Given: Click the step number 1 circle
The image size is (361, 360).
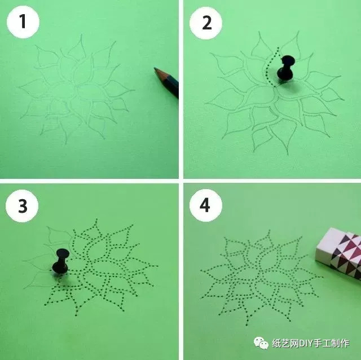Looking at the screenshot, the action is click(23, 22).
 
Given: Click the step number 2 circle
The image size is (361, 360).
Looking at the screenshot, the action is click(206, 23).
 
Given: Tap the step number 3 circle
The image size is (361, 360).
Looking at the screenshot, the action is click(22, 206).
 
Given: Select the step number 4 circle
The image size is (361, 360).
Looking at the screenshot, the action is click(206, 205).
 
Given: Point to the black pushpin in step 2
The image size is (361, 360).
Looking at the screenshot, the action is click(286, 68).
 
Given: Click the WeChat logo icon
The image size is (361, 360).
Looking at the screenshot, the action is click(261, 343).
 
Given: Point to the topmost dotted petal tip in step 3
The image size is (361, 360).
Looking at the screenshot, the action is click(96, 219).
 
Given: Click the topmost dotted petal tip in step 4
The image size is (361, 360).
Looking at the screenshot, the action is click(269, 230).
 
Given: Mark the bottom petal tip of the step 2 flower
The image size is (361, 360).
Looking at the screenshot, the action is click(288, 155).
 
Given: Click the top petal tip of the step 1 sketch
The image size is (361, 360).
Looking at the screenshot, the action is click(81, 35).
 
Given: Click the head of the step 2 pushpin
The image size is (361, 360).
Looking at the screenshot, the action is click(288, 61).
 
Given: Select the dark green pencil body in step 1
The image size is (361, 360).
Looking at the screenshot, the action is click(171, 85).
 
